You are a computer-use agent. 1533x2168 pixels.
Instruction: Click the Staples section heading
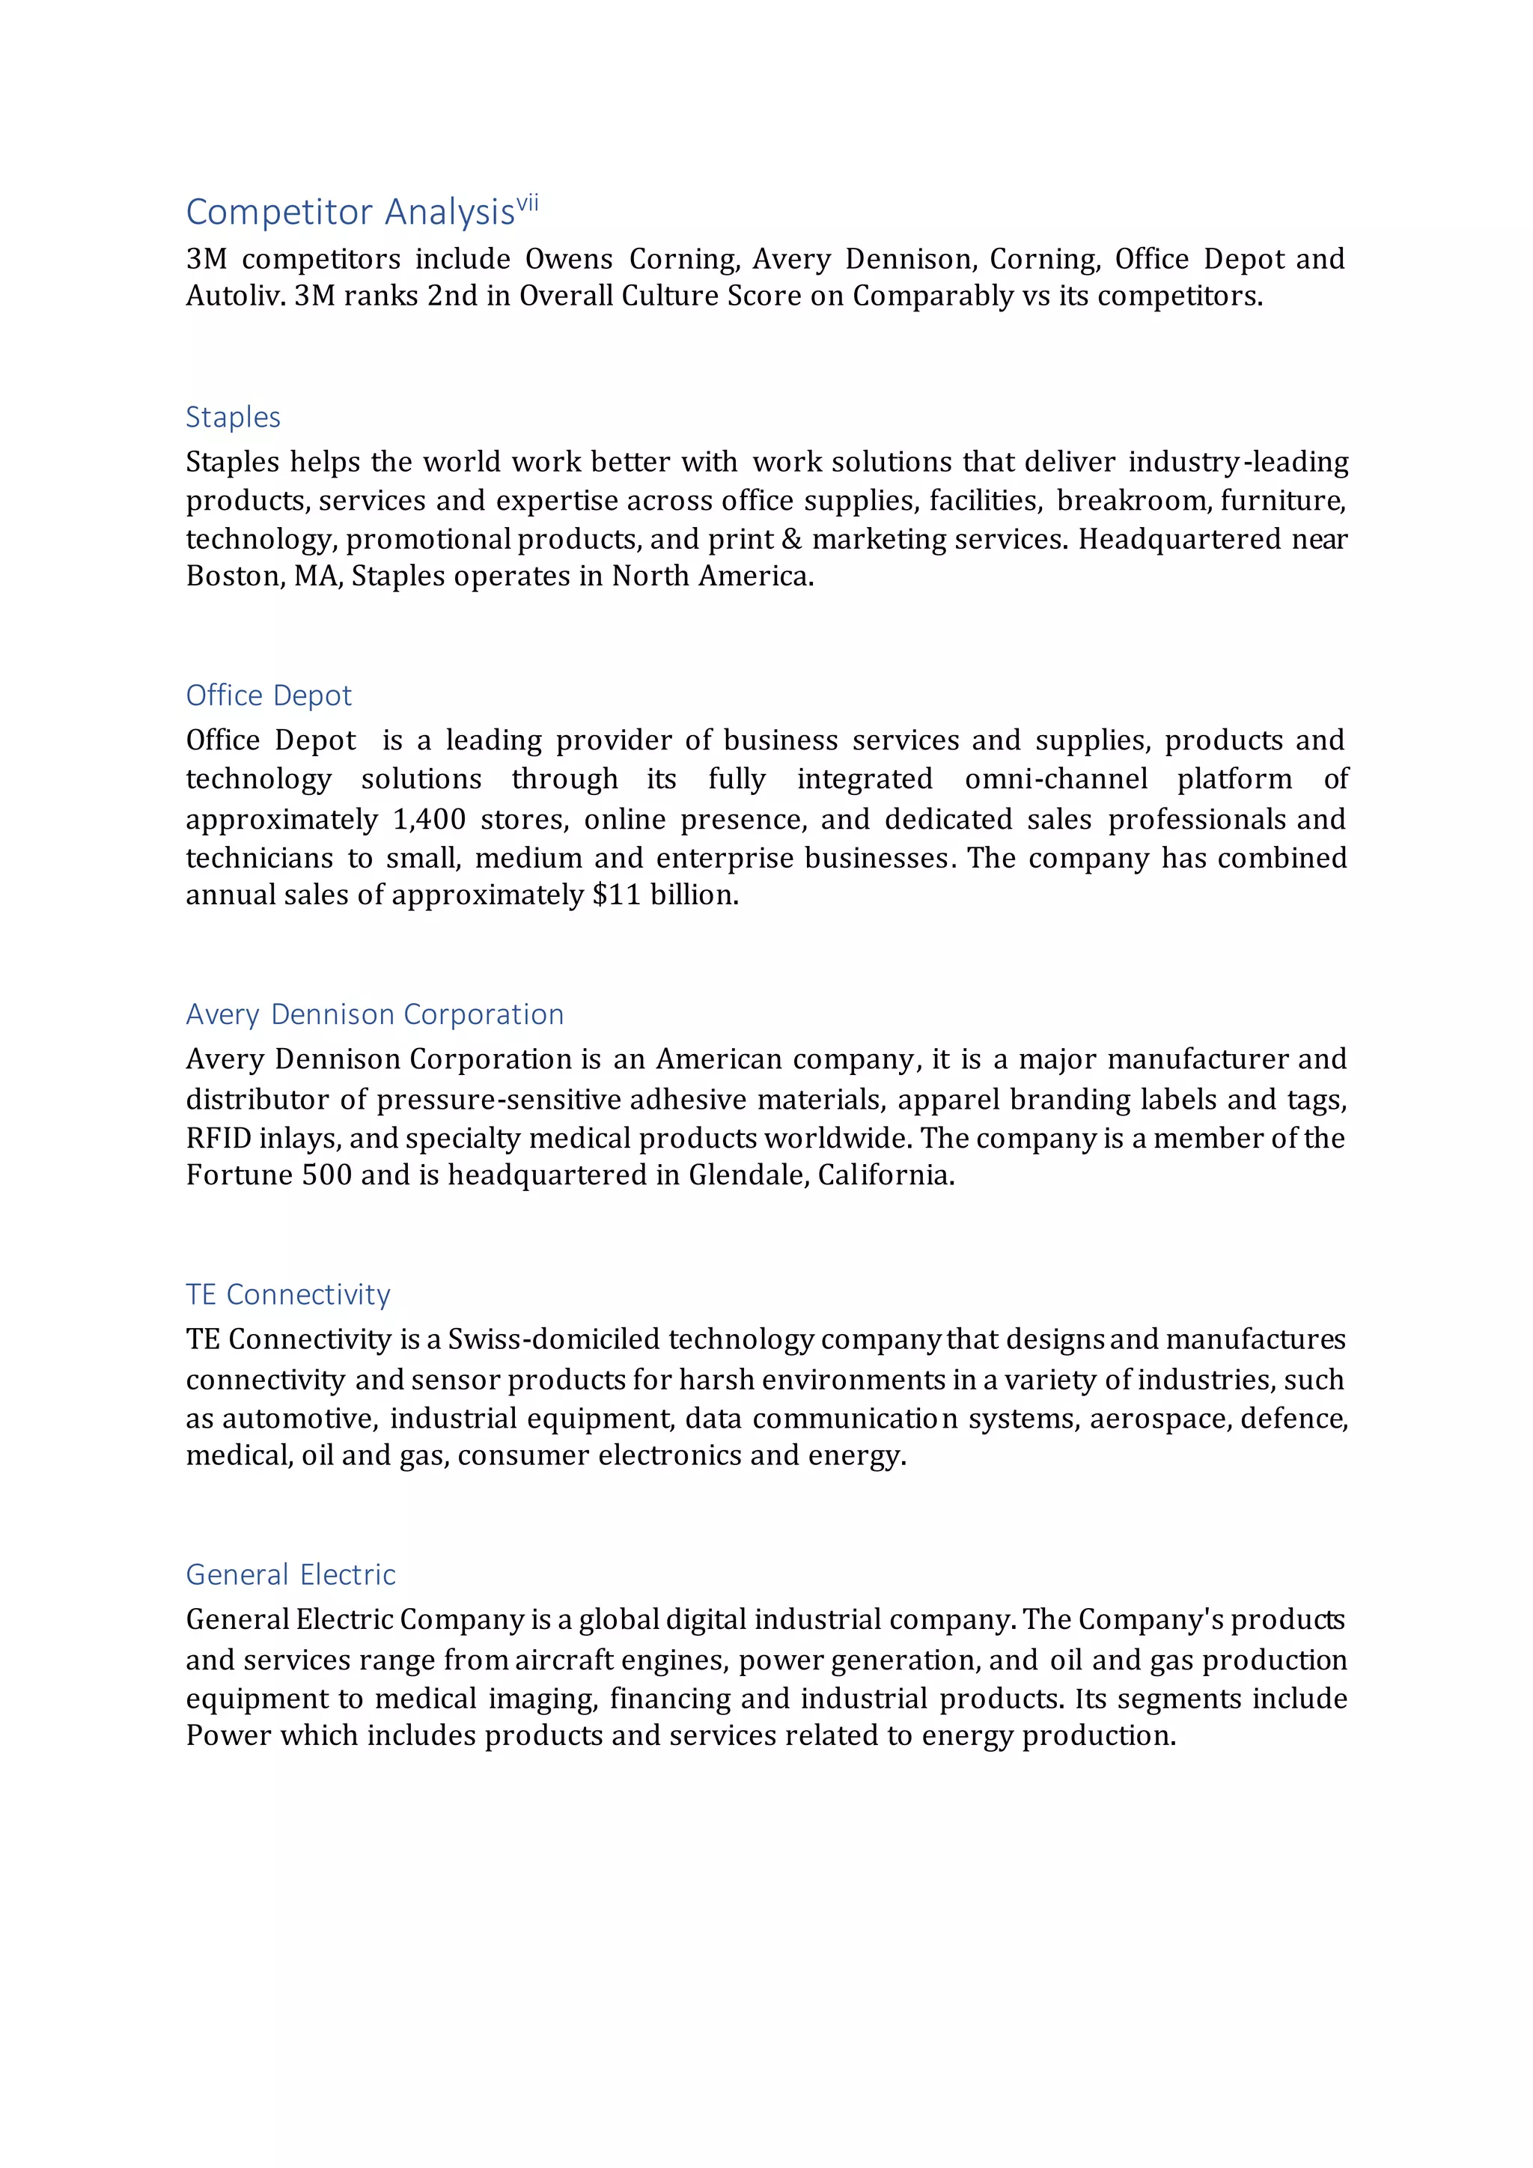[233, 418]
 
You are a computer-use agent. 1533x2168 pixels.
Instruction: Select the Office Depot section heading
[268, 696]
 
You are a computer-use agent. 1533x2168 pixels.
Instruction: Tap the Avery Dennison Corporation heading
[375, 1014]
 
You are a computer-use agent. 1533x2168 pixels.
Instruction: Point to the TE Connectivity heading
[288, 1294]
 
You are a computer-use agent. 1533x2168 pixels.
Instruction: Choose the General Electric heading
[290, 1575]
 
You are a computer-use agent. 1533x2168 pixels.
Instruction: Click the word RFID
[218, 1139]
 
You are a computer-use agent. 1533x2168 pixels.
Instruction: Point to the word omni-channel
[1056, 779]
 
